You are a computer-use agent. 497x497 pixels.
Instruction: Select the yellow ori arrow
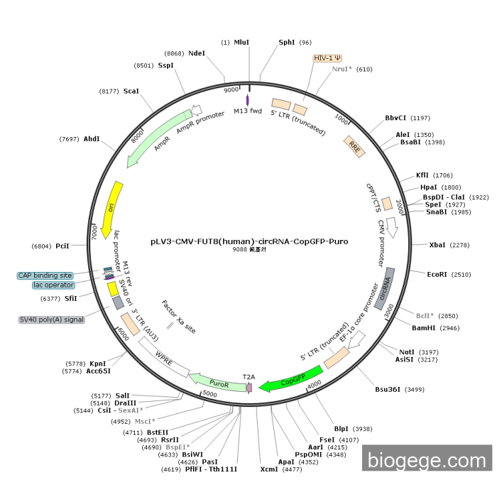click(111, 210)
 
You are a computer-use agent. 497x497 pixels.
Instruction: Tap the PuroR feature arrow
click(218, 383)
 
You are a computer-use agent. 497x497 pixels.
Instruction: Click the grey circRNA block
click(385, 289)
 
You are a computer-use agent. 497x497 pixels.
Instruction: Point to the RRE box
click(354, 146)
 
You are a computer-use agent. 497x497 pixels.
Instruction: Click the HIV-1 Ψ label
click(327, 58)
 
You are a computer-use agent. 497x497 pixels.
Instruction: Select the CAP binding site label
click(45, 275)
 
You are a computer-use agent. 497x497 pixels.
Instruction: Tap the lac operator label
click(53, 285)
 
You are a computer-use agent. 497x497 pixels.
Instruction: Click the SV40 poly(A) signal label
click(52, 319)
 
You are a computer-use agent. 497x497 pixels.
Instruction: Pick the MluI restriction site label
click(241, 42)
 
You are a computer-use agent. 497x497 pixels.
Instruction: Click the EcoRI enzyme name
click(437, 274)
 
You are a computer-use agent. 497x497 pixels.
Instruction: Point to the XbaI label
click(437, 245)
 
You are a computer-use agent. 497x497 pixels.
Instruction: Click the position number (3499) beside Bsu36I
click(414, 390)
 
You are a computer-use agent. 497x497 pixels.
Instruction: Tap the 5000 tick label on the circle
click(209, 394)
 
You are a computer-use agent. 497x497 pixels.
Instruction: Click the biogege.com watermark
click(427, 458)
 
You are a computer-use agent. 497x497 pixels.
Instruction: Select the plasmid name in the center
click(249, 241)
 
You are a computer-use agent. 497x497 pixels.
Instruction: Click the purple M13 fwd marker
click(247, 100)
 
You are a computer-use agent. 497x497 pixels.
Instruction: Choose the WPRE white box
click(164, 357)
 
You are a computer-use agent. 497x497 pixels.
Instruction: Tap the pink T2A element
click(249, 388)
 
